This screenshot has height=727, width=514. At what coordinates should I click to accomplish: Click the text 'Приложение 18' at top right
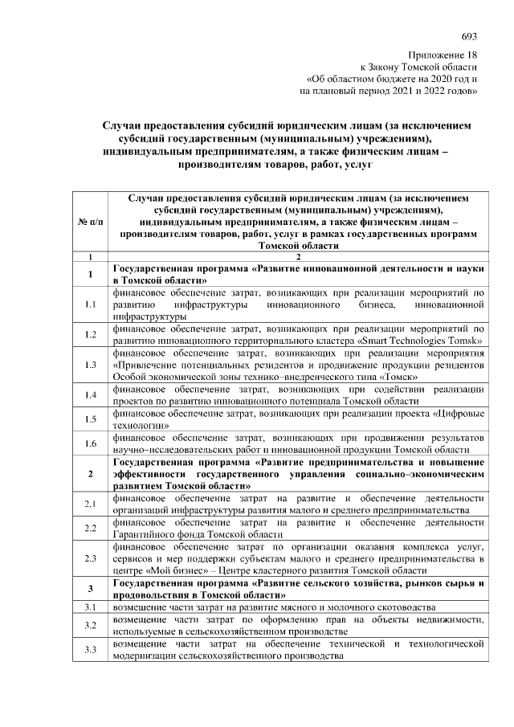pyautogui.click(x=443, y=54)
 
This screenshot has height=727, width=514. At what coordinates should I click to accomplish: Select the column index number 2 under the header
pyautogui.click(x=298, y=256)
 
